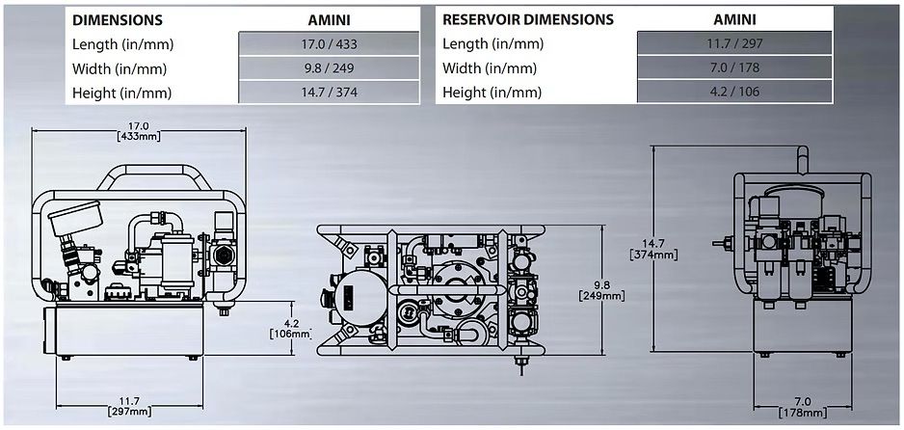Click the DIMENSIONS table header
pos(118,19)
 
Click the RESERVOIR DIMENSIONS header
pos(528,19)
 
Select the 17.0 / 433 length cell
pos(329,44)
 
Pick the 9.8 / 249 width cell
pos(329,68)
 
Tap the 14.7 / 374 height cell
pos(329,93)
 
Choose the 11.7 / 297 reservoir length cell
pos(733,44)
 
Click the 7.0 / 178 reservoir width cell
pos(733,68)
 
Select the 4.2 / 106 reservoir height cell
pos(733,93)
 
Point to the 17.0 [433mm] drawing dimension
pos(139,130)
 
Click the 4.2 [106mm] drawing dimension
pos(288,328)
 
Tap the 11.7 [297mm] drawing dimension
pos(127,406)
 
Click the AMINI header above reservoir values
pos(733,19)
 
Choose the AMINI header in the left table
pos(329,19)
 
